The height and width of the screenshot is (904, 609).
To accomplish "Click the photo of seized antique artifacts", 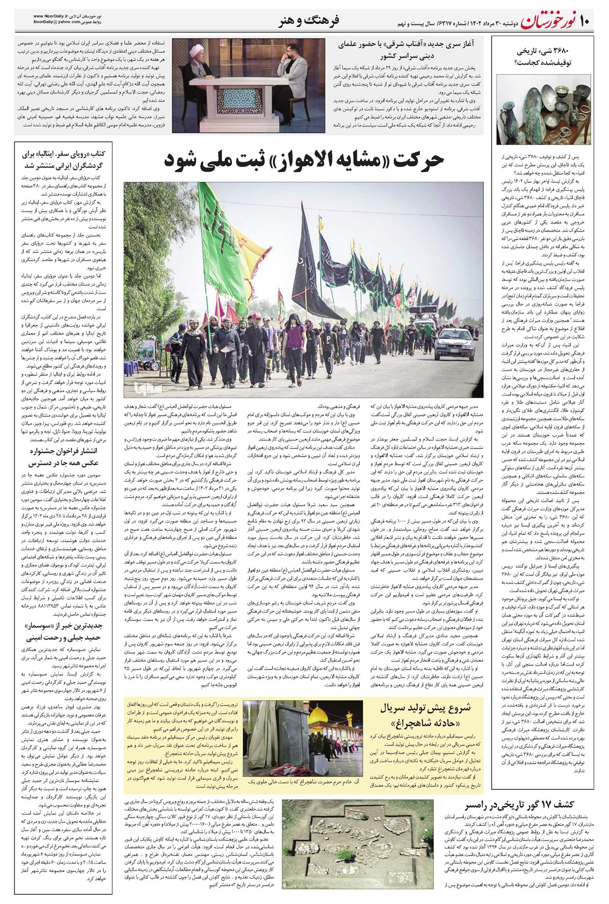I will (x=544, y=109).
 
